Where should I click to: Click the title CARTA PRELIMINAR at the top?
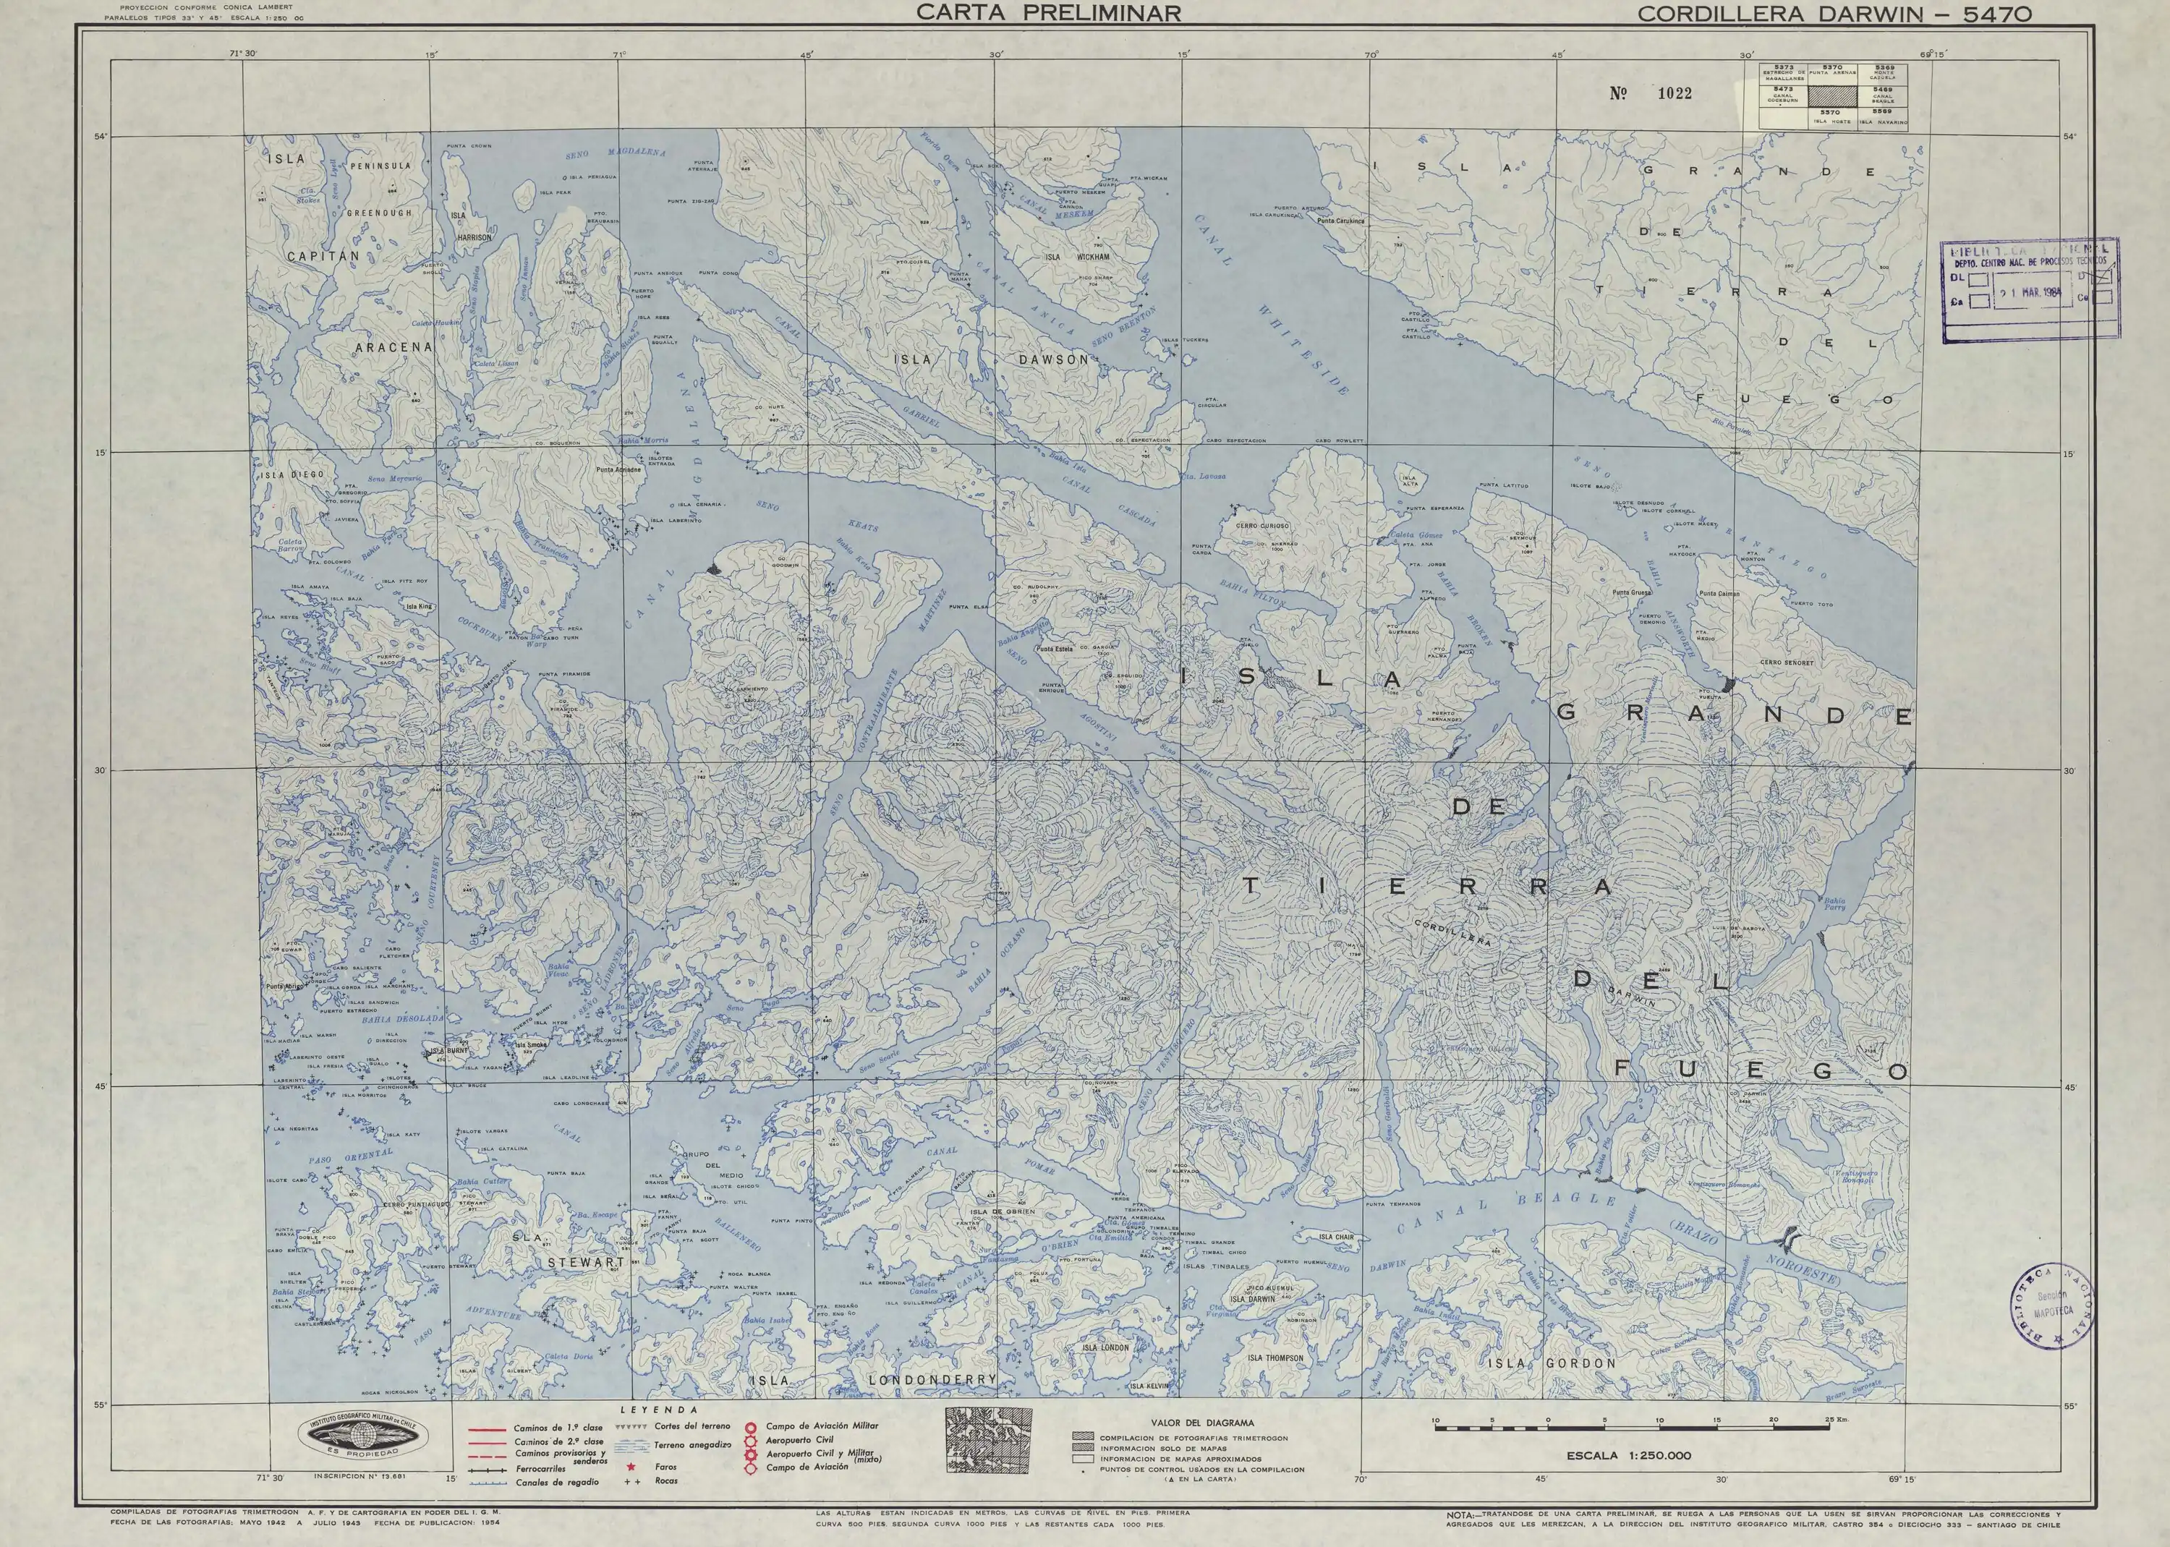[x=1048, y=13]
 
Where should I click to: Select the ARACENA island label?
[x=393, y=348]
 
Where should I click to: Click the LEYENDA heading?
[x=659, y=1410]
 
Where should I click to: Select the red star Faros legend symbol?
[x=631, y=1467]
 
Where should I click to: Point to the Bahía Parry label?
[x=1834, y=904]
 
